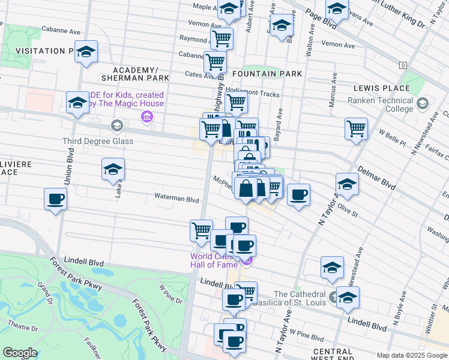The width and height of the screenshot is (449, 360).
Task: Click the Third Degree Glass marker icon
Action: point(116,126)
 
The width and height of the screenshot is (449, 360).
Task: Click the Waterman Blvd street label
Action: point(176,199)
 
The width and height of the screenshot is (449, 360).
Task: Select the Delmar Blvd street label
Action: point(376,177)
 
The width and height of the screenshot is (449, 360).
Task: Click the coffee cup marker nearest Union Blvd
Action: point(55,199)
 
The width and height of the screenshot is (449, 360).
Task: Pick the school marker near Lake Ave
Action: point(112,169)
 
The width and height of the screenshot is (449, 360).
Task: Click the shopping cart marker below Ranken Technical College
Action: point(356,128)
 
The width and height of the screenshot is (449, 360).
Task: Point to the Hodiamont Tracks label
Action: point(253,94)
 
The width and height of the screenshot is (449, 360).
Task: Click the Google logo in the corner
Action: point(20,353)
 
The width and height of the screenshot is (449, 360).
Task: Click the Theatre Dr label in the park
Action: point(23,328)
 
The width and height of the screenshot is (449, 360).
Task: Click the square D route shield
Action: point(403,64)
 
